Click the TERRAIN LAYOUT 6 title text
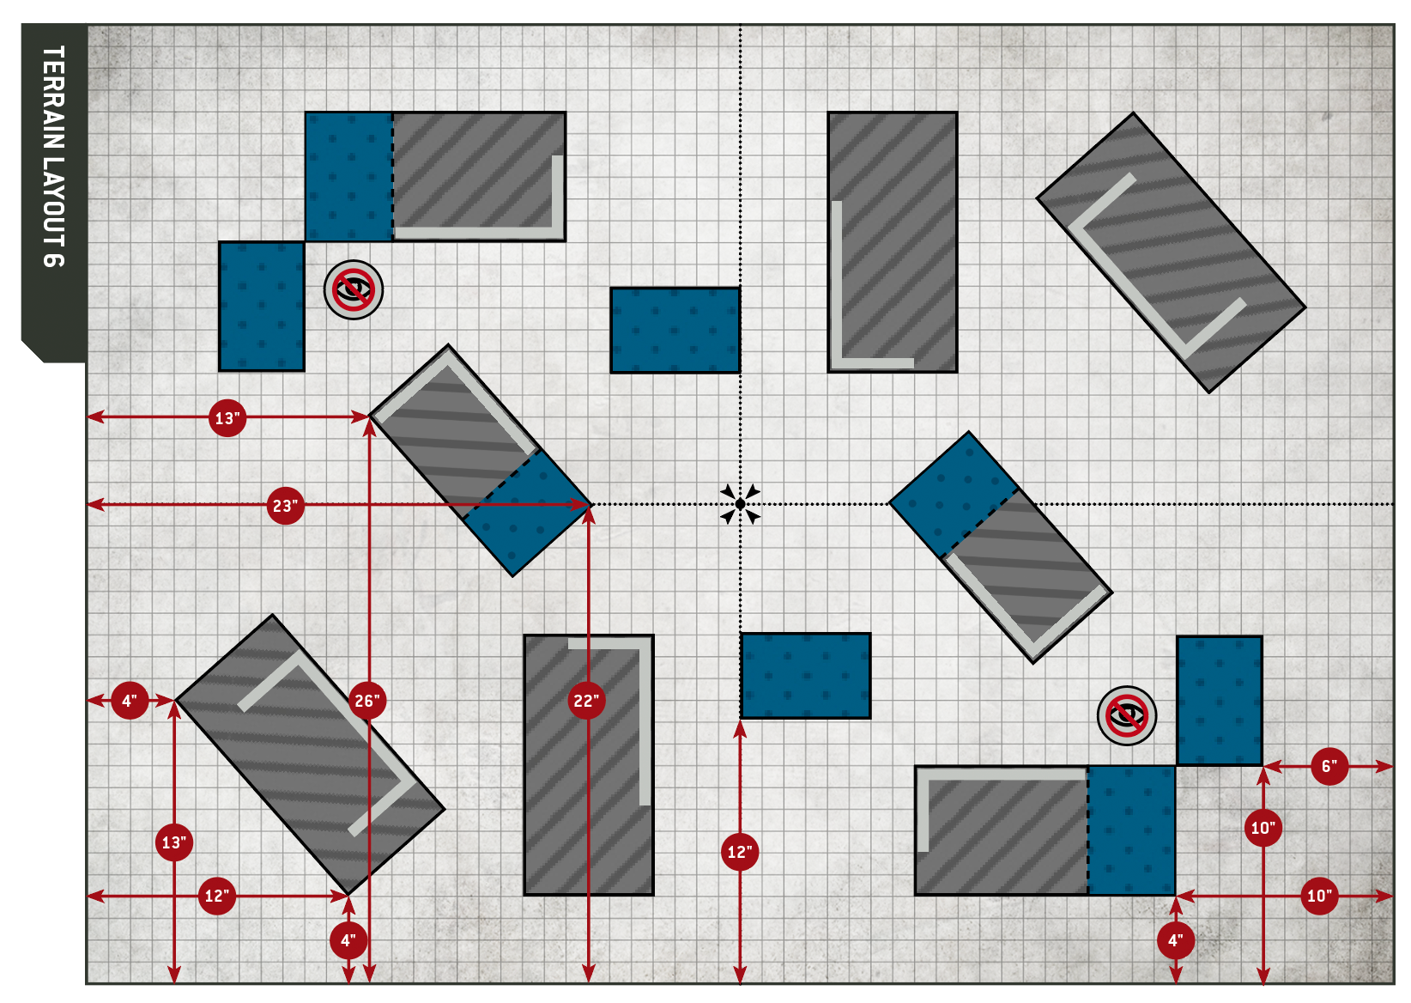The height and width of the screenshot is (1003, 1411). click(53, 156)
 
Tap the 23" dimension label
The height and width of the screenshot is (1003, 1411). click(285, 506)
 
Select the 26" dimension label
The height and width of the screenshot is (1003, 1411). click(367, 701)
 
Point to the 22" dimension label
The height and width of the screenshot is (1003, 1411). click(587, 701)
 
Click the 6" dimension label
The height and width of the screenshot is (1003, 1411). click(1329, 766)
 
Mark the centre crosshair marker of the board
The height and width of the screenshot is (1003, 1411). click(740, 504)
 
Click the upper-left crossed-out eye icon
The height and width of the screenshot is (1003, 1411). click(354, 290)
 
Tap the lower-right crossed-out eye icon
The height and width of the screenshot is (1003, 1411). click(1127, 715)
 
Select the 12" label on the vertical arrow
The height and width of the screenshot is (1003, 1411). click(740, 852)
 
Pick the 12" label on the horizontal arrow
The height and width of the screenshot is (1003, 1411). click(216, 896)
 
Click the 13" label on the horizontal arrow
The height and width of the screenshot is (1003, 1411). click(227, 418)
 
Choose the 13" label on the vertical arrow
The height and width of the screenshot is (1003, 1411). click(174, 842)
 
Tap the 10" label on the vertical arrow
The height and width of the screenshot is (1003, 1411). click(1263, 828)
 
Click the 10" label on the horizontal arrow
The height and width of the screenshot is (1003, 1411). click(1319, 896)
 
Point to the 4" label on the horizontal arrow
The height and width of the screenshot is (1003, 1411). click(130, 701)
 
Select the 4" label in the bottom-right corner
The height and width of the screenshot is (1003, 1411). click(1175, 940)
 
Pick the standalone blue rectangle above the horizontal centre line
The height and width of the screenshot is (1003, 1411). click(675, 331)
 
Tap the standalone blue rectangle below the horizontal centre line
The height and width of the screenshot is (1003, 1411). click(805, 676)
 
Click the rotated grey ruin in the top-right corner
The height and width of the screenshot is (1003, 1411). click(1171, 252)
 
